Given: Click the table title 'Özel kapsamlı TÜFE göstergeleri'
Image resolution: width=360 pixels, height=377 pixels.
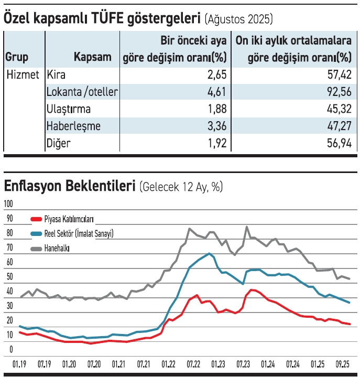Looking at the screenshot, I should [102, 19].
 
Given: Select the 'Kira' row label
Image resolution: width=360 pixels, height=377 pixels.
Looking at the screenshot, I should [57, 75].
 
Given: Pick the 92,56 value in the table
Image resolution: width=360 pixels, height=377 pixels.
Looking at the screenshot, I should [337, 92].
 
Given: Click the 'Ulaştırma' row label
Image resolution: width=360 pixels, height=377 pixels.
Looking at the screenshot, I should [69, 109].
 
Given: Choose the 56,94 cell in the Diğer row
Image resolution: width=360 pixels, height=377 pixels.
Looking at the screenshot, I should [337, 143].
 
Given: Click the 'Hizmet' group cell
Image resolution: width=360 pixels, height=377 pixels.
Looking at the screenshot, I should [23, 75].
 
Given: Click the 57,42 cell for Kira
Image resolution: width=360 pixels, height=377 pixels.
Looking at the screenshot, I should [337, 75].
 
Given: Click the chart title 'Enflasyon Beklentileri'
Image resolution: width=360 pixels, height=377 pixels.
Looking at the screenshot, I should [70, 186].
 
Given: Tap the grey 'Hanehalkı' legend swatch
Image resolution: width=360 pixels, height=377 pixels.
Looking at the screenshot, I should [37, 248].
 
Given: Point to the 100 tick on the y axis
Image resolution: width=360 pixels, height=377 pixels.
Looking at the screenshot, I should [9, 203].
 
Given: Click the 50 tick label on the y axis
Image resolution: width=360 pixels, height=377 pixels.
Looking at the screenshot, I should [9, 276].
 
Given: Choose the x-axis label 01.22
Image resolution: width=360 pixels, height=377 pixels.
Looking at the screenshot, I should [168, 363].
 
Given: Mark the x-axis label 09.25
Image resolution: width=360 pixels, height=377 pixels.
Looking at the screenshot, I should [342, 363].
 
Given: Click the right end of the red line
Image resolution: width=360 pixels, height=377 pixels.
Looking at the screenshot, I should [350, 324].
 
